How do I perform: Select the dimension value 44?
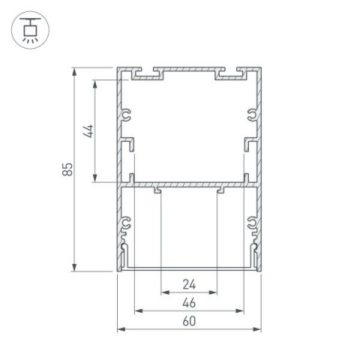click(88, 130)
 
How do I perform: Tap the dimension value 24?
click(188, 284)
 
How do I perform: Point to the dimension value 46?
click(188, 303)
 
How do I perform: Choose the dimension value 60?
click(188, 322)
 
